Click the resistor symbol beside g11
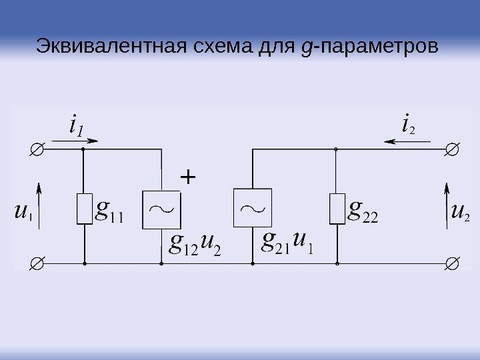[x=83, y=209]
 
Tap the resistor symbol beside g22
[x=337, y=209]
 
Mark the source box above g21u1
[x=252, y=209]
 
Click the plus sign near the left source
[x=189, y=178]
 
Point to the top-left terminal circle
[x=37, y=149]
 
